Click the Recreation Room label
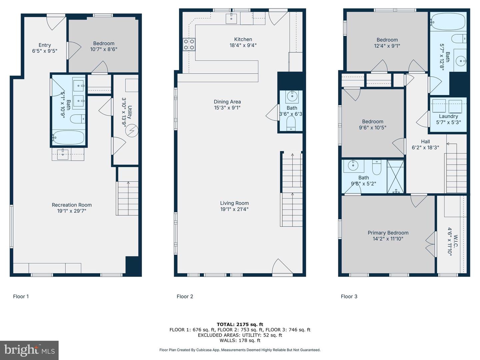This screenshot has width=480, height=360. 72,205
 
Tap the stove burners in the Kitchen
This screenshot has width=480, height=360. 189,44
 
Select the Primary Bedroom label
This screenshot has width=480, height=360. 388,233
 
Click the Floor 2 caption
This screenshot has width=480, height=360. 185,296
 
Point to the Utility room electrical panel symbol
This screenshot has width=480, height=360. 131,131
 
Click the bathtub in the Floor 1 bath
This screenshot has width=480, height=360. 68,137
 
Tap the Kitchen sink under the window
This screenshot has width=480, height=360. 232,19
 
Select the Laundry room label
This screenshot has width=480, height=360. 448,116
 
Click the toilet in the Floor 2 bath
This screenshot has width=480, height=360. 291,123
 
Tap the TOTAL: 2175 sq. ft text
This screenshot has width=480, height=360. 240,324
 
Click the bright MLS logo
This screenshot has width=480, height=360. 29,350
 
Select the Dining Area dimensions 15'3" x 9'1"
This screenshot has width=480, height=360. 227,108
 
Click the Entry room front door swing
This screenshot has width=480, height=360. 55,22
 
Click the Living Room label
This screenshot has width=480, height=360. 234,203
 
